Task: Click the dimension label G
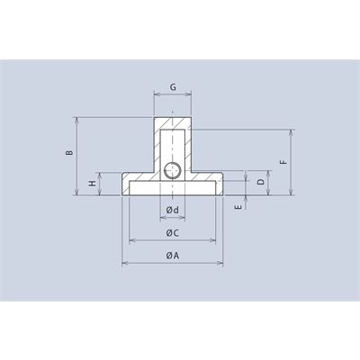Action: click(173, 87)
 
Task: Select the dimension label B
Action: click(69, 153)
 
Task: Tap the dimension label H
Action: click(93, 184)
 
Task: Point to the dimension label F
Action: click(284, 162)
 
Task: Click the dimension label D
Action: click(261, 182)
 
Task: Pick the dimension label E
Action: click(238, 207)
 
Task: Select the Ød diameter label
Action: click(173, 210)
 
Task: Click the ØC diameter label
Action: click(173, 233)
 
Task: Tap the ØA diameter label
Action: click(173, 256)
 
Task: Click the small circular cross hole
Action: click(173, 170)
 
